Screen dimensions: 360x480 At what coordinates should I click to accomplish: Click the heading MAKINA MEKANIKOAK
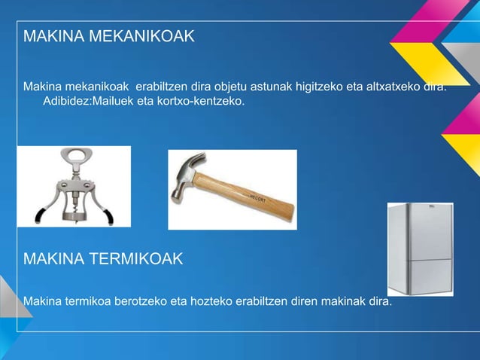(x=109, y=36)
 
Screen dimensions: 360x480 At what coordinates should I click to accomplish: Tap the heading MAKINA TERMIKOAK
(x=103, y=260)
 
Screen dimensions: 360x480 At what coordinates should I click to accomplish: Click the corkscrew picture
(x=74, y=186)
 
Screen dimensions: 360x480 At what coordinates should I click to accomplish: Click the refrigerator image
(x=420, y=249)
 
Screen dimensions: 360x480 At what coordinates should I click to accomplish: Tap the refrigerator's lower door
(x=420, y=273)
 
